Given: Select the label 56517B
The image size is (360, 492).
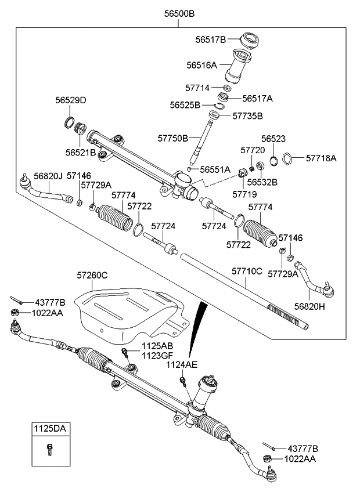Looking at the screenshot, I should (210, 39).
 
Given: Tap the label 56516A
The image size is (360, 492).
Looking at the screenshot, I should (201, 66).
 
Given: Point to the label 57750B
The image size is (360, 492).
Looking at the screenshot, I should (173, 138).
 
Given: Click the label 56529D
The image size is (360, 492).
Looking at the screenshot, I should (71, 100).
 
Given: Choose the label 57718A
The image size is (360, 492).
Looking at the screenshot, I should (321, 157).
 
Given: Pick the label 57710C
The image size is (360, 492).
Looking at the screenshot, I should (247, 271).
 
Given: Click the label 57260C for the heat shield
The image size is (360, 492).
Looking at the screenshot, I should (92, 276).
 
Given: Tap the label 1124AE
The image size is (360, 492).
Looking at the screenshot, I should (182, 364).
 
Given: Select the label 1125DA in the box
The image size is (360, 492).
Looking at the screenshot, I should (49, 429).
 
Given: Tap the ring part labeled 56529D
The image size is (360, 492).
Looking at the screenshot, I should (69, 122).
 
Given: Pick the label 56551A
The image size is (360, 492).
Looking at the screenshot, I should (215, 169).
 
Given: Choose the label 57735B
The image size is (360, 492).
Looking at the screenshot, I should (248, 116).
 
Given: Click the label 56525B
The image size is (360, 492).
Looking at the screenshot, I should (185, 105).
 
